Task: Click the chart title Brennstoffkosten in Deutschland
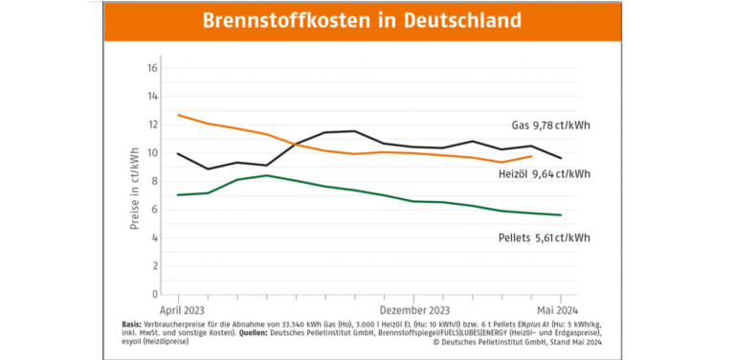363,20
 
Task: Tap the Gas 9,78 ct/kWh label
550,124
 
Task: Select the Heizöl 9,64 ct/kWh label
543,174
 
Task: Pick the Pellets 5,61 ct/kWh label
543,237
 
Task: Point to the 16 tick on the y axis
152,69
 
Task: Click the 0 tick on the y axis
154,294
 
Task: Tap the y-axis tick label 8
154,182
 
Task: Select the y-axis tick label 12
152,125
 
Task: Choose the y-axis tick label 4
154,238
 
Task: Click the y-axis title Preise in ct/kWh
135,182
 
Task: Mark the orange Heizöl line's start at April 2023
178,115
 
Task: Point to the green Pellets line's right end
561,214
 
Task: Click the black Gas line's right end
561,158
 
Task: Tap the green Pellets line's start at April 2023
178,195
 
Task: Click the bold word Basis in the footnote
135,323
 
